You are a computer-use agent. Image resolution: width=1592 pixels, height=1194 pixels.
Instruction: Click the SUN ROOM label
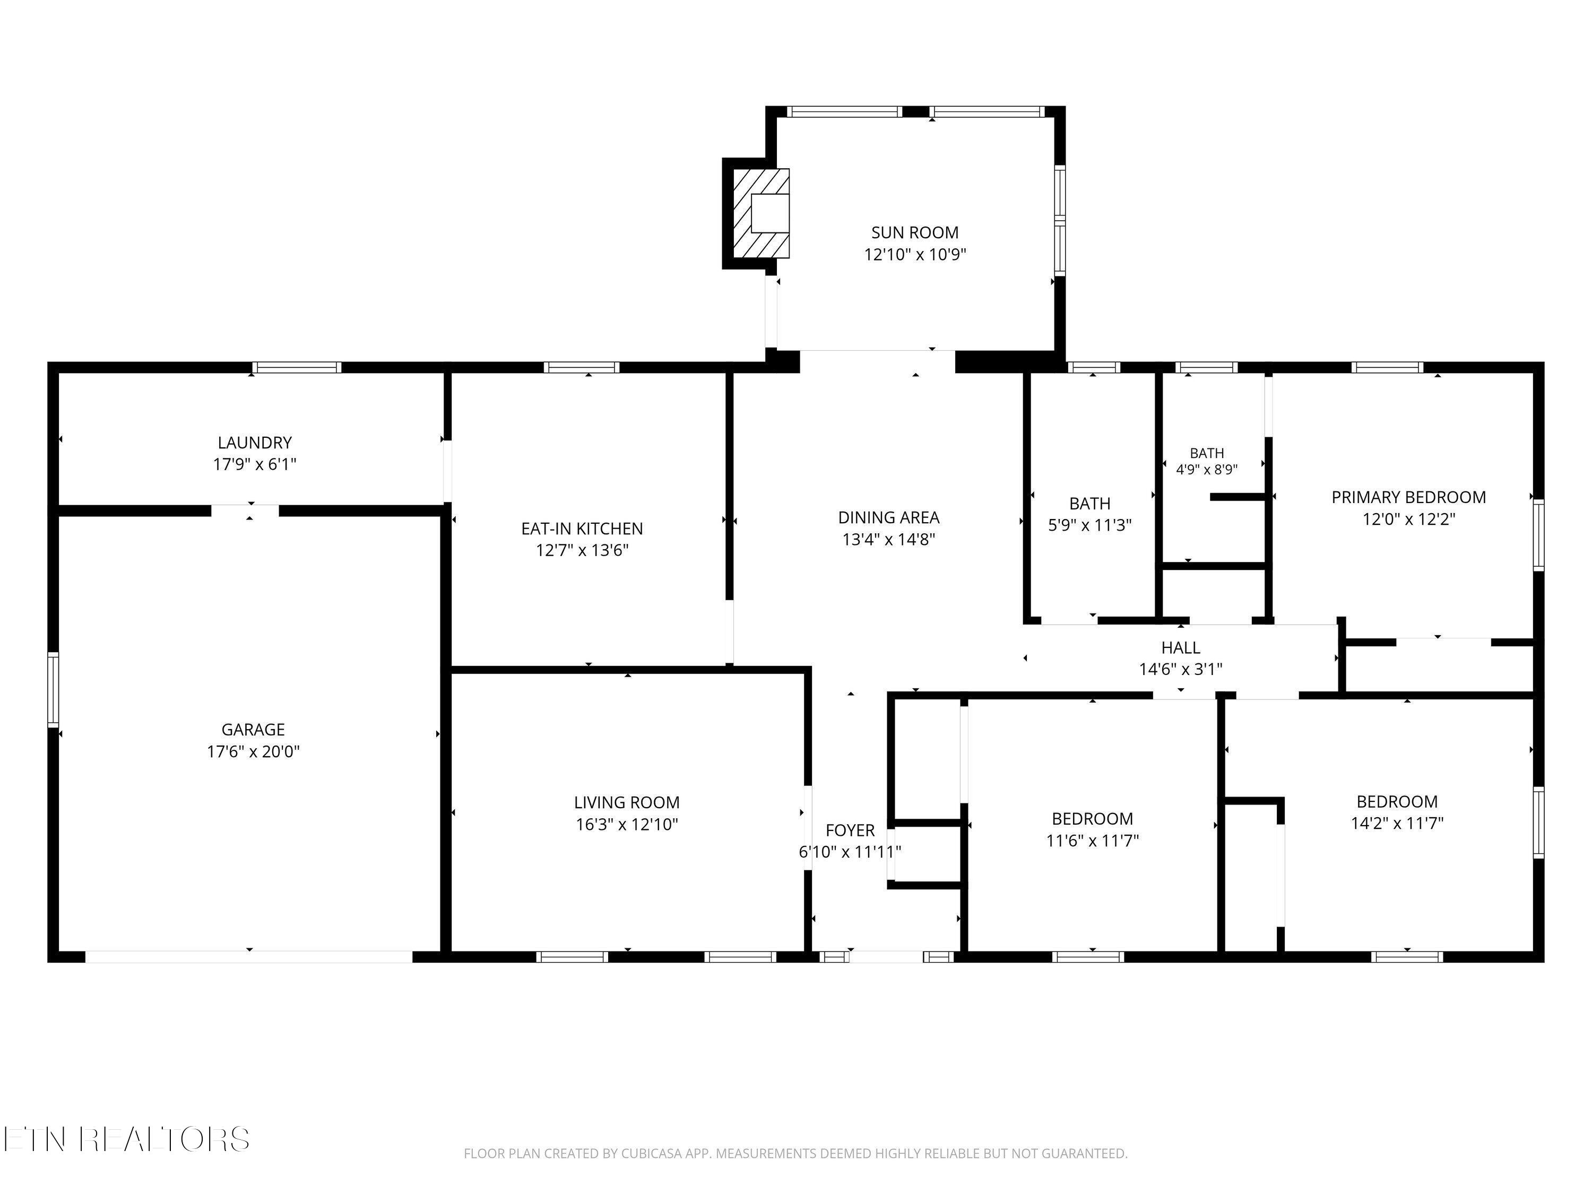[x=915, y=232]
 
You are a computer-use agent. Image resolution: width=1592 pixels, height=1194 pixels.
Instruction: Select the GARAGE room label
[x=253, y=730]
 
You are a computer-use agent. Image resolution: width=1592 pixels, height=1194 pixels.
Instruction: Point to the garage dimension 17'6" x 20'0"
[x=253, y=751]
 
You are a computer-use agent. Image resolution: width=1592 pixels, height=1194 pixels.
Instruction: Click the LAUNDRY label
[x=255, y=443]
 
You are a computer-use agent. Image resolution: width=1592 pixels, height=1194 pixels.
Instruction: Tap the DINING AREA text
[x=889, y=517]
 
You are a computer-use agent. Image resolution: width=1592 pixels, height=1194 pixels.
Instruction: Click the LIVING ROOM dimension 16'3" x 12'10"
[x=627, y=824]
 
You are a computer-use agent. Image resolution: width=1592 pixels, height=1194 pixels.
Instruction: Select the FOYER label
[x=850, y=830]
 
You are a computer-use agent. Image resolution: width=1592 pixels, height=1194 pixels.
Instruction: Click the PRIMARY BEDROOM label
[x=1408, y=497]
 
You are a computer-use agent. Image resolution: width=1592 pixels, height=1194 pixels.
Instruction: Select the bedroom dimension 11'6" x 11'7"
[x=1093, y=840]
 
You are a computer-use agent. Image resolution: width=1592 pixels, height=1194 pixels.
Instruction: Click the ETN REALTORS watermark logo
[x=127, y=1139]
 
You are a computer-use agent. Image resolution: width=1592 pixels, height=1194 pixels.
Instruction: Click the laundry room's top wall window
[x=297, y=367]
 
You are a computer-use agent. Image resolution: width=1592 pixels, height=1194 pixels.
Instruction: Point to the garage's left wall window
[x=53, y=689]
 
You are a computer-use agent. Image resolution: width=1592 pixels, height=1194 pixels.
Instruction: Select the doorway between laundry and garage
[x=245, y=511]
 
